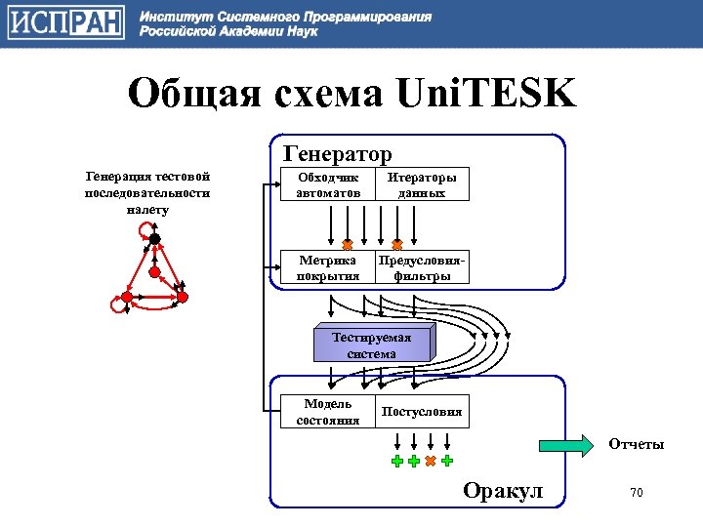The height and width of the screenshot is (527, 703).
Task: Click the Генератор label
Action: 337,154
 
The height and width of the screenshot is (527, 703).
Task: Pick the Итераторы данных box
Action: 422,185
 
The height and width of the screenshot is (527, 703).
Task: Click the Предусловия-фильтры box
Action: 422,268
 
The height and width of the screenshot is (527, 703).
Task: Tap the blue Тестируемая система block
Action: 371,345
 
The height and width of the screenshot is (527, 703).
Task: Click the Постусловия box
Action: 422,412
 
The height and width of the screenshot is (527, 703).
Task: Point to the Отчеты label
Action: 636,444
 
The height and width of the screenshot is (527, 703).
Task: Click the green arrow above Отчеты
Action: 567,445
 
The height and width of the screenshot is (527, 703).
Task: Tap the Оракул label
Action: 503,490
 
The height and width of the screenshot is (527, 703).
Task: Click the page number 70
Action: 636,493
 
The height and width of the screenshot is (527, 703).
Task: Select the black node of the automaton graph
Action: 154,239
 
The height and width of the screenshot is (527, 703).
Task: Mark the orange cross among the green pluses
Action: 431,461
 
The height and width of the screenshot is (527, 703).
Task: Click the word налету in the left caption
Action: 147,209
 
